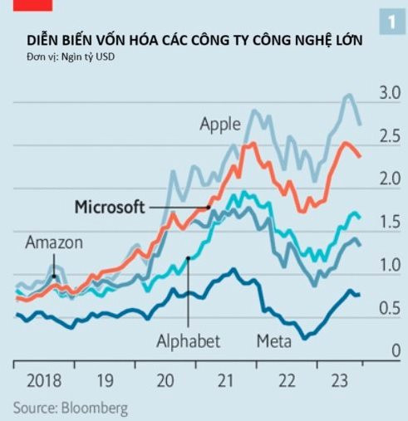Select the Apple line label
[220, 125]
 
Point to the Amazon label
[54, 243]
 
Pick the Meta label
[273, 341]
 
